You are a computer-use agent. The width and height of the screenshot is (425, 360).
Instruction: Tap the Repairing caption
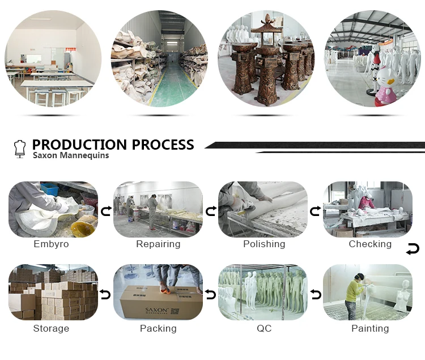(158, 244)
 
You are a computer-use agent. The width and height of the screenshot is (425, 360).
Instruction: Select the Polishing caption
(264, 244)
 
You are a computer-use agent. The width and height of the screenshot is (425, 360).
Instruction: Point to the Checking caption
(370, 244)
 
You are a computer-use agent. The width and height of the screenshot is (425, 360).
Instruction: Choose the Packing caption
(158, 329)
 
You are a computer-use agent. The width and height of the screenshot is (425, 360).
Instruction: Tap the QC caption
(264, 329)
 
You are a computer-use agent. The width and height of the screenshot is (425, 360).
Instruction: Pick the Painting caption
(370, 329)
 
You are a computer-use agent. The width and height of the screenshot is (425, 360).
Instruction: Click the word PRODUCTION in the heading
(79, 145)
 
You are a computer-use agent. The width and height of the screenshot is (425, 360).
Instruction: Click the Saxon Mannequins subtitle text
(71, 155)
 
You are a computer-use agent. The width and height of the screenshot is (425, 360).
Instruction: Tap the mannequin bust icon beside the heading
(20, 149)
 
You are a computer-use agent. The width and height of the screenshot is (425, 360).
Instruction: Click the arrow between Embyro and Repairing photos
(105, 211)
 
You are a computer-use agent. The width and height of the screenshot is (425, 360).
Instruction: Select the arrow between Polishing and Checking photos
(317, 211)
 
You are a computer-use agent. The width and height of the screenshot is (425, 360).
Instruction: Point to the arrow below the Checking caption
(413, 249)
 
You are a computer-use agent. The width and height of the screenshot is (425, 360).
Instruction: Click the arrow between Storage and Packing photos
(105, 295)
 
